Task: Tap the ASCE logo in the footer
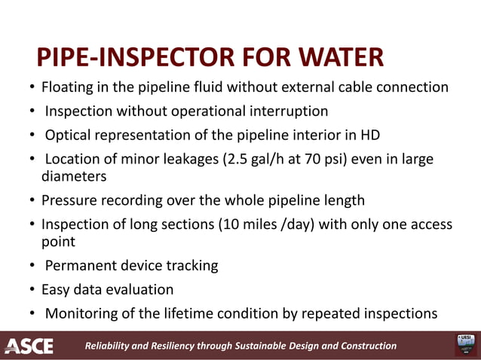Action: pos(29,346)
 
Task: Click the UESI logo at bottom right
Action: pos(462,345)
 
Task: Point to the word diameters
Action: pos(73,176)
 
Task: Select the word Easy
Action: pos(55,289)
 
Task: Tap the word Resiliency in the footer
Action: pos(167,346)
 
